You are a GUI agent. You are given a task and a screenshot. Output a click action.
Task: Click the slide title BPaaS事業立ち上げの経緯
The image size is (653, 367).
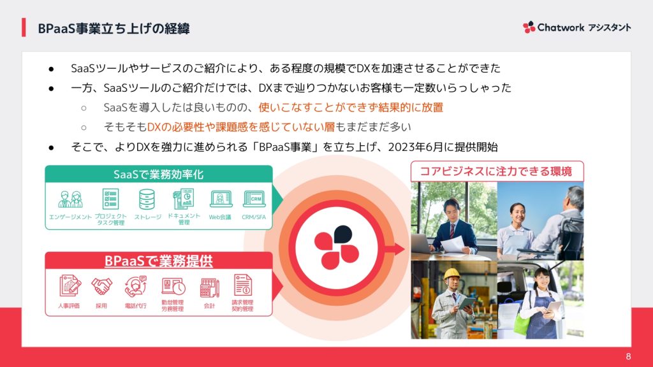coord(114,28)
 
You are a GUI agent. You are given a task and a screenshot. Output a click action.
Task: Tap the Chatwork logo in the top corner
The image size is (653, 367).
coord(576,27)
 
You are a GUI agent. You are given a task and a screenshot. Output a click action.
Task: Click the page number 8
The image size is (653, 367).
coord(628,357)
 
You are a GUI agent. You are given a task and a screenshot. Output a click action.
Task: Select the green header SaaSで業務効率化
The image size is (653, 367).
coord(159,174)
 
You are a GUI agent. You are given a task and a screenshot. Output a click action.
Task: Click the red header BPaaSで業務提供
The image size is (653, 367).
coord(159,261)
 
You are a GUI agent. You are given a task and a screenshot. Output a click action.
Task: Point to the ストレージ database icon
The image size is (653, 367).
coord(147,199)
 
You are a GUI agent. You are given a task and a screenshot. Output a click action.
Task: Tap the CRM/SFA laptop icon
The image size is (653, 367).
coord(254,199)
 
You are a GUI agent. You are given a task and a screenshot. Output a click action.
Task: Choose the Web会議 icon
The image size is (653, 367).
coord(221,199)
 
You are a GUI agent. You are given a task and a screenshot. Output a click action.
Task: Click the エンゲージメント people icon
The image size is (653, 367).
coord(70,199)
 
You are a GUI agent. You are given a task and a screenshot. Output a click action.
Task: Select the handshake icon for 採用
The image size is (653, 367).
coord(101,286)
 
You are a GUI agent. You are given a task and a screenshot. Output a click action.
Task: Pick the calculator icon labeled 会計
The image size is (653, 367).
coord(209,287)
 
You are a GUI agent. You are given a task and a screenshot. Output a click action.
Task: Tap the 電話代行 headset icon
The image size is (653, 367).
coord(136,286)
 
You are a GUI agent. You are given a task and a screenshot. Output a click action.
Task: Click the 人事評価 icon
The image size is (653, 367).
coord(70,285)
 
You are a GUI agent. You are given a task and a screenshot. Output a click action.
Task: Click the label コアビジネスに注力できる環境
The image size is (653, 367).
coord(495,171)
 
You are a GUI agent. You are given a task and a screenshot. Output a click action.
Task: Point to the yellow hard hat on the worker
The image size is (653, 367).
coord(451,273)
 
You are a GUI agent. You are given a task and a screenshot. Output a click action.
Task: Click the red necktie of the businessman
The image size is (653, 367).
coord(452,231)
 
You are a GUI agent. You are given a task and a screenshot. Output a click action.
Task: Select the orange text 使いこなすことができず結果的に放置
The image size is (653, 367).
coord(351,107)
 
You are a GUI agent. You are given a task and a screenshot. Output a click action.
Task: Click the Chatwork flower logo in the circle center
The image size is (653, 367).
coord(337,248)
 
